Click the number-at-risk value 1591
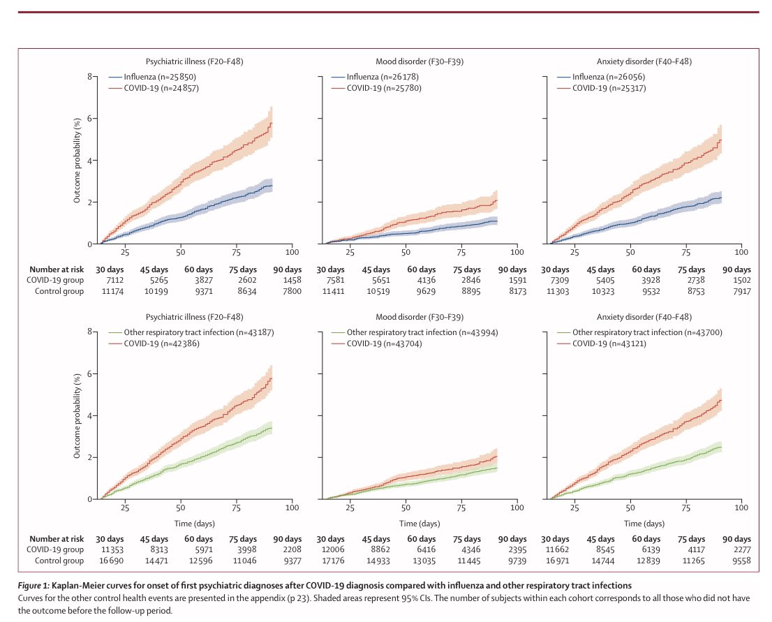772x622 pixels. (x=512, y=280)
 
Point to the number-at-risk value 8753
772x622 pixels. (x=700, y=291)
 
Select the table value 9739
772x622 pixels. (x=512, y=561)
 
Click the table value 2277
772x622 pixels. (x=738, y=549)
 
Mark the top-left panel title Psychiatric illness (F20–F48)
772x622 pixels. (x=194, y=61)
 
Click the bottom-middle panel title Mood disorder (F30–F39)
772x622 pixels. (x=419, y=316)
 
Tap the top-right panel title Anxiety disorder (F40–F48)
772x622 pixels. (x=643, y=61)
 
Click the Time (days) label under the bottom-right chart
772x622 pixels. (x=643, y=523)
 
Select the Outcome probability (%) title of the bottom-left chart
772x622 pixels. (x=77, y=415)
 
